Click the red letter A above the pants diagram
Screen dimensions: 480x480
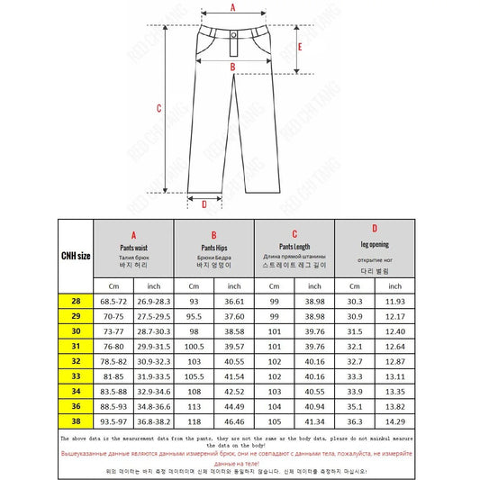(232, 7)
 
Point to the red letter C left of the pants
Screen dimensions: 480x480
(158, 108)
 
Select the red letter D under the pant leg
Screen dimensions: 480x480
(204, 204)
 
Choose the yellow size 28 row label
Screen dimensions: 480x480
(76, 300)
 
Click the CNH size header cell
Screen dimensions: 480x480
(76, 256)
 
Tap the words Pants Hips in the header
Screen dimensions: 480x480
(213, 246)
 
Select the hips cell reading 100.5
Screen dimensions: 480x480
(194, 346)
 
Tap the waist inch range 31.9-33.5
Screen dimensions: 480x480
(155, 376)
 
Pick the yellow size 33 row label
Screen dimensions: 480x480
(76, 376)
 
